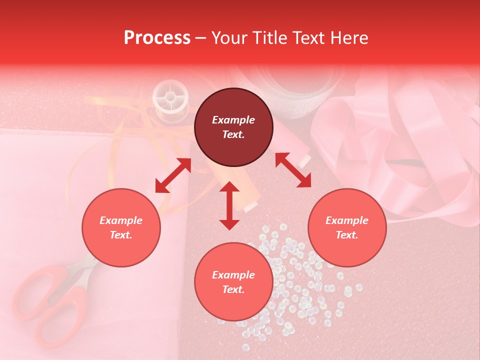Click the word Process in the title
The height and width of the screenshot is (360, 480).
click(157, 38)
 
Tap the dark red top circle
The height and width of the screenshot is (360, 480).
click(233, 127)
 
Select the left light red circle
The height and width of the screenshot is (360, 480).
click(121, 228)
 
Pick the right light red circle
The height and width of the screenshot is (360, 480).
click(347, 228)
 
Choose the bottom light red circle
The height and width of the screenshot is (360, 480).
click(233, 282)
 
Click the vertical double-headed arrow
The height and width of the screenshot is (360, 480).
click(229, 205)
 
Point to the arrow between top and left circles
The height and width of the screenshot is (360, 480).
click(173, 175)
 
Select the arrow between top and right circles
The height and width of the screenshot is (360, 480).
click(293, 170)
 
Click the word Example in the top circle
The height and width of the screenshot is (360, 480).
click(233, 120)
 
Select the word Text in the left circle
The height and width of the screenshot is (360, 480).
click(121, 235)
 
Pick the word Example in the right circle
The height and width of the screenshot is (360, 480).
click(347, 220)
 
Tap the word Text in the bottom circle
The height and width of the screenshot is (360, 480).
click(233, 289)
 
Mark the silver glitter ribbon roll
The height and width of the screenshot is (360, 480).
click(300, 90)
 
